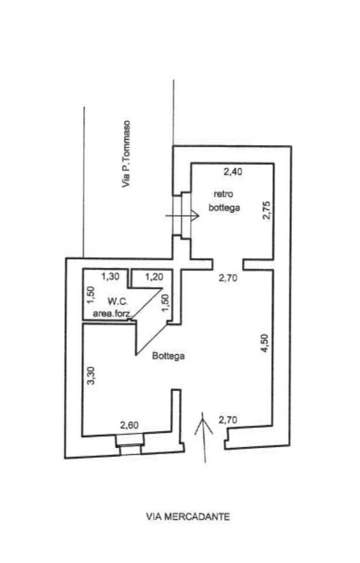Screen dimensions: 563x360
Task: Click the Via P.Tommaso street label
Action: tap(126, 155)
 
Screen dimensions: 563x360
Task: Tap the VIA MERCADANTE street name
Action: tap(188, 516)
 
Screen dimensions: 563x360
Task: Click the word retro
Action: tap(223, 195)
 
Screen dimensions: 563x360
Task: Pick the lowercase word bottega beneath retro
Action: tap(225, 208)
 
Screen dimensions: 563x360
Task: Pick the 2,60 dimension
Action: tap(129, 426)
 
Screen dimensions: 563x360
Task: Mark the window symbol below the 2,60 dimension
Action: tap(129, 449)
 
